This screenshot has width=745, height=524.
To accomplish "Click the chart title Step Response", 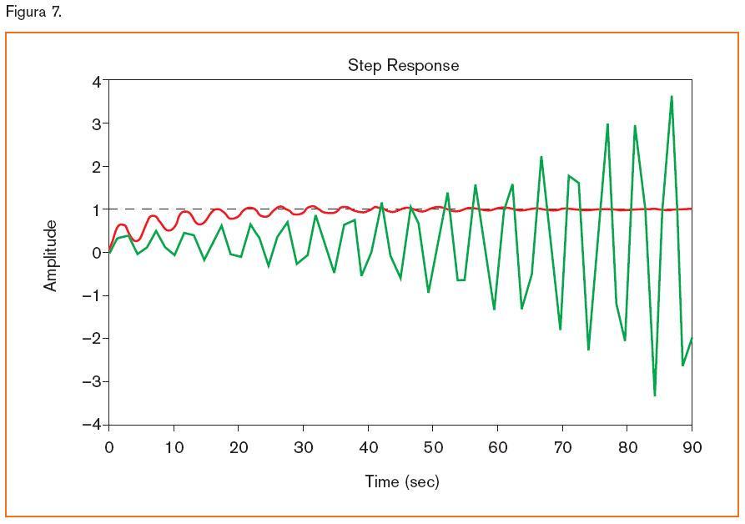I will pos(403,65).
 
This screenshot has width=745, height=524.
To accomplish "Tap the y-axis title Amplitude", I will pos(51,255).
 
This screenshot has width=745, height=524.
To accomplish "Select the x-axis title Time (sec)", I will pos(401,481).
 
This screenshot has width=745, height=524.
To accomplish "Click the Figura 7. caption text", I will pos(33,12).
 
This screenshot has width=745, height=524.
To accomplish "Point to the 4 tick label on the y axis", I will pos(96,81).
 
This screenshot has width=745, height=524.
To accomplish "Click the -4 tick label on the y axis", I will pos(92,424).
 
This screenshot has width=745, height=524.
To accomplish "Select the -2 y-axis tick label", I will pos(92,338).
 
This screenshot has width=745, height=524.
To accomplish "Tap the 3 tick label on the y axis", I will pos(96,123).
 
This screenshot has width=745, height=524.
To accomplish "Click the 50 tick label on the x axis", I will pos(433,448).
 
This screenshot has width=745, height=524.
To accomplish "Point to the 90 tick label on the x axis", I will pos(692,448).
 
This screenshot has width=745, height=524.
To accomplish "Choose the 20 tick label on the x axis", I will pos(239,448).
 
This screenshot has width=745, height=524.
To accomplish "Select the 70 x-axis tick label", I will pos(562,448).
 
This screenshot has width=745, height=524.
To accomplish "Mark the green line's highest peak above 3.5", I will pos(672,97).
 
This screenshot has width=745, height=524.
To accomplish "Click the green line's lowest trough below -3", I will pos(655,395).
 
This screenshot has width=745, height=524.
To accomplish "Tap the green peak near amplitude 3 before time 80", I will pos(607,124).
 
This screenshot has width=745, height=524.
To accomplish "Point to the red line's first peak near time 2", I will pos(122,224).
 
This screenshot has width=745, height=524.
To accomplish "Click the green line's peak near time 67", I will pos(541,157).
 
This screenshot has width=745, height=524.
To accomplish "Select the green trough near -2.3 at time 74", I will pos(588,349).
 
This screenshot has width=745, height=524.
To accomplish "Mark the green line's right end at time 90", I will pos(692,338).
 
